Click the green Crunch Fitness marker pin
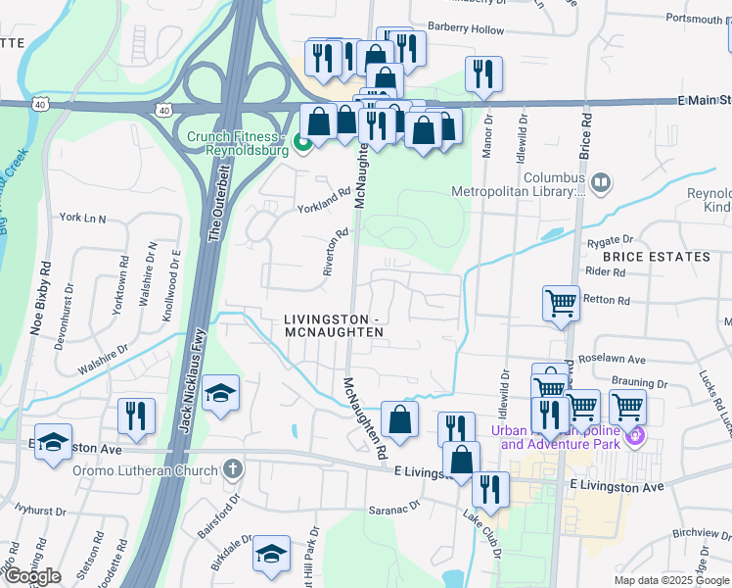[x=302, y=144]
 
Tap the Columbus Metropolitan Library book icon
[x=599, y=181]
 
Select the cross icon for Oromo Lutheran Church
[x=232, y=467]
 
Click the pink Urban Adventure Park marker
[x=636, y=434]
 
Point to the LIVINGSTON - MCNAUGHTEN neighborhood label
[x=334, y=326]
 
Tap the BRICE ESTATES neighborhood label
[x=656, y=257]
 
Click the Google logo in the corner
[x=32, y=576]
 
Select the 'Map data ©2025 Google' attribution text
[x=671, y=580]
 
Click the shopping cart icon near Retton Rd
[x=561, y=303]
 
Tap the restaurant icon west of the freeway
[x=136, y=416]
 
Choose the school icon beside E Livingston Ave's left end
[x=54, y=440]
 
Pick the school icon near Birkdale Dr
[x=271, y=554]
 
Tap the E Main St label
[x=704, y=100]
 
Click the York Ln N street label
[x=82, y=217]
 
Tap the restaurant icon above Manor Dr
[x=483, y=73]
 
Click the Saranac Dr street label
[x=394, y=507]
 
